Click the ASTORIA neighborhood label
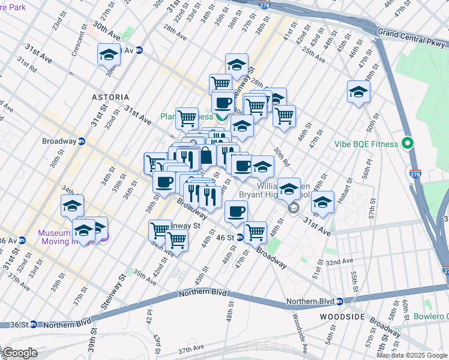click(x=110, y=97)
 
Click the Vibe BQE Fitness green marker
click(x=408, y=144)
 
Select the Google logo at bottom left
click(x=20, y=353)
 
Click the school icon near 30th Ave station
click(x=109, y=55)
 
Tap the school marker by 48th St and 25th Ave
click(x=358, y=92)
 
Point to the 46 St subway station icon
click(x=240, y=238)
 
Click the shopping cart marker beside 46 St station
click(x=256, y=231)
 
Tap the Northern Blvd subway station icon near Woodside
click(x=339, y=301)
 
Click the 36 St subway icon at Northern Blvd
click(x=34, y=325)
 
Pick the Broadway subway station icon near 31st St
click(x=82, y=141)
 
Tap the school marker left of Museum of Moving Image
click(x=72, y=205)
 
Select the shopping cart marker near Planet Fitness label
click(x=187, y=118)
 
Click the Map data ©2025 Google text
click(x=411, y=355)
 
